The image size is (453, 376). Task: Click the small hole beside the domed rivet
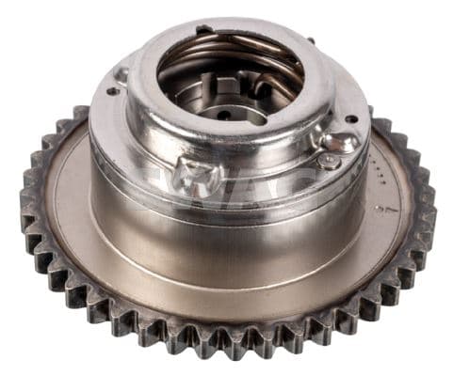pyautogui.click(x=351, y=119)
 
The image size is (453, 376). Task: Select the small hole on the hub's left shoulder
pyautogui.click(x=112, y=91)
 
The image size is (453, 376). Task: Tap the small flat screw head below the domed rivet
pyautogui.click(x=329, y=162)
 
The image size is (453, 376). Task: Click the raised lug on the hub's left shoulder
pyautogui.click(x=121, y=73)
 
